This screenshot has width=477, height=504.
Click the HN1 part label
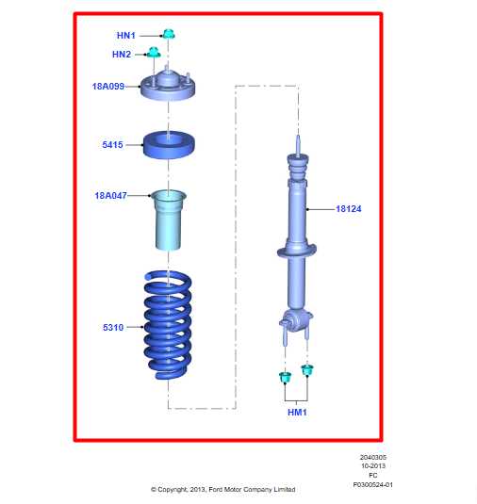pyautogui.click(x=126, y=35)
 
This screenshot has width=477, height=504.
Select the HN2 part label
pyautogui.click(x=122, y=55)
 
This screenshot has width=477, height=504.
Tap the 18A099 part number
pyautogui.click(x=108, y=86)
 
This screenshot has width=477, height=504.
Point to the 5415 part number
pyautogui.click(x=113, y=146)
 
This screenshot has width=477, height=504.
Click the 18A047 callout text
pyautogui.click(x=111, y=196)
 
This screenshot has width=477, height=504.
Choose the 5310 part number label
pyautogui.click(x=113, y=327)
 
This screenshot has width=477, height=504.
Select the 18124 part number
pyautogui.click(x=350, y=208)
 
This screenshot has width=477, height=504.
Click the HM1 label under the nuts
pyautogui.click(x=296, y=412)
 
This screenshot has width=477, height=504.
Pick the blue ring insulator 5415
pyautogui.click(x=169, y=146)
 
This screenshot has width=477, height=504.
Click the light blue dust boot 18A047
pyautogui.click(x=169, y=220)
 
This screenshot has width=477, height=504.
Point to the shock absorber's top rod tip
pyautogui.click(x=298, y=142)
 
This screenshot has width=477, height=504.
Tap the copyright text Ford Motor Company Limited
pyautogui.click(x=223, y=489)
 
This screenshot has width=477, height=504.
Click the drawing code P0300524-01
pyautogui.click(x=372, y=484)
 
